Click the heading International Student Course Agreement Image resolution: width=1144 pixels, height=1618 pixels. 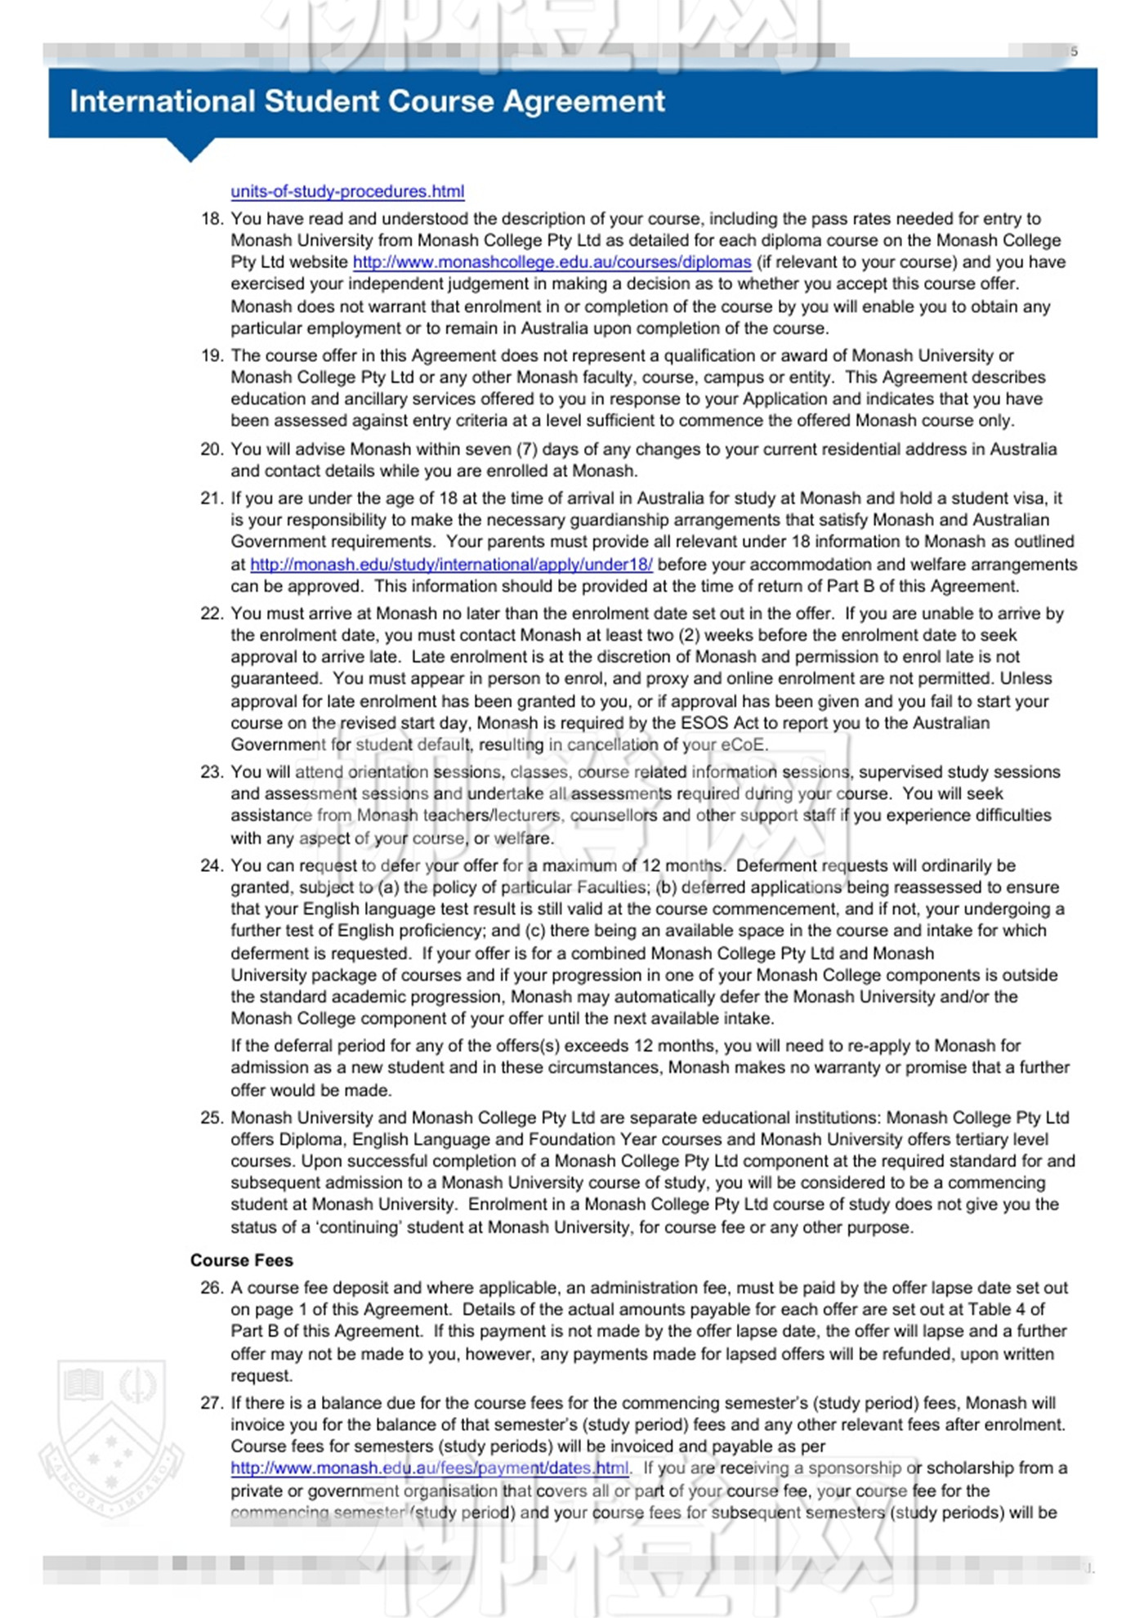pos(367,101)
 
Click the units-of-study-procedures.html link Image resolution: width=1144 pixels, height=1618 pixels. pos(347,191)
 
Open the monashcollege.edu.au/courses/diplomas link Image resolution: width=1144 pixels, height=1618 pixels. pos(552,262)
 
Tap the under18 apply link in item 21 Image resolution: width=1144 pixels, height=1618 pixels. pos(451,565)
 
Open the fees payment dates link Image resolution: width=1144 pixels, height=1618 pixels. pos(430,1468)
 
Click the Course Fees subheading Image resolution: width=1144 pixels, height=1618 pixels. pos(241,1260)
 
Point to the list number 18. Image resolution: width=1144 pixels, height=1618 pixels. pos(212,219)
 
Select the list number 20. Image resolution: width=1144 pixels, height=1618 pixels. pos(212,449)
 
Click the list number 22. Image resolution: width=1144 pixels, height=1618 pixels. pos(212,614)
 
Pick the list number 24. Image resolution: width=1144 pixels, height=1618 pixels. pos(212,866)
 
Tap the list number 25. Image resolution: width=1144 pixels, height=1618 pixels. pos(212,1118)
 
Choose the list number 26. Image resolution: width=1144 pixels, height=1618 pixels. pos(212,1288)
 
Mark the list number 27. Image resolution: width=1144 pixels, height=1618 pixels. pos(212,1403)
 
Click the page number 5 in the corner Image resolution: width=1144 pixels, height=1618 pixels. pos(1075,51)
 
